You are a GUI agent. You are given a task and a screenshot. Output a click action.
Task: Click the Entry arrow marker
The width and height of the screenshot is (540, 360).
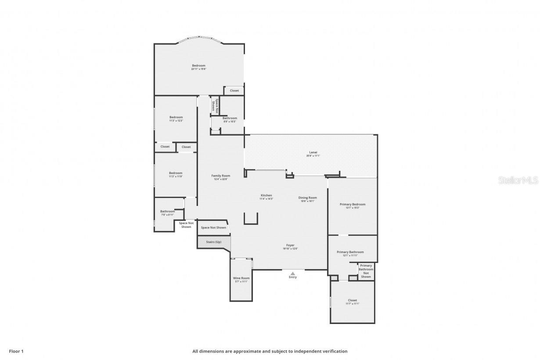tap(293, 274)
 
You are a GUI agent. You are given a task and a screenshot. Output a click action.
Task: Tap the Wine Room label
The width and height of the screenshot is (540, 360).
tap(241, 278)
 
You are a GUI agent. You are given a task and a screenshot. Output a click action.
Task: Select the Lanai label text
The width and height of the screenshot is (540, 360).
tap(313, 152)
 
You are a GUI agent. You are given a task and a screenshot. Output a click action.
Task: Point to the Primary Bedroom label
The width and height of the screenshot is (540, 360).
tap(352, 204)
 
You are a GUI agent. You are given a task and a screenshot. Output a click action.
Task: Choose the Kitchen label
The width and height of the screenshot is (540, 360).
tap(266, 195)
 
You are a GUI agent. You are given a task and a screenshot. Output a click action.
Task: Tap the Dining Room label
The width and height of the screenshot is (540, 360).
tap(308, 198)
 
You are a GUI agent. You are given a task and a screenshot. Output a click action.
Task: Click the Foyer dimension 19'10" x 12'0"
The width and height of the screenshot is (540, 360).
tap(290, 249)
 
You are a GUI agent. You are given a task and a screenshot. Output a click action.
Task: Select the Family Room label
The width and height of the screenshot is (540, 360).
tap(220, 176)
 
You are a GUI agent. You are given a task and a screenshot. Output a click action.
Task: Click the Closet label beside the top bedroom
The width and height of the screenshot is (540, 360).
tap(234, 90)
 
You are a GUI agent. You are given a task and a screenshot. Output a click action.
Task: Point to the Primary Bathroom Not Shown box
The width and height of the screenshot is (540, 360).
tap(366, 271)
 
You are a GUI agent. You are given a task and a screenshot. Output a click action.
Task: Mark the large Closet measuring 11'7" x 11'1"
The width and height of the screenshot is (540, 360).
tap(352, 302)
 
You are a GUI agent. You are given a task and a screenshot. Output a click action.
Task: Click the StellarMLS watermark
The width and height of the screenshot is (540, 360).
tap(518, 180)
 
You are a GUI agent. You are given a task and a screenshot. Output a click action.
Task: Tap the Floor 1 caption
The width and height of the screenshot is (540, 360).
tap(16, 351)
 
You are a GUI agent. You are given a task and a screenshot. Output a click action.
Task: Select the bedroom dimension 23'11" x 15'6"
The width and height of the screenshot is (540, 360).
tap(198, 69)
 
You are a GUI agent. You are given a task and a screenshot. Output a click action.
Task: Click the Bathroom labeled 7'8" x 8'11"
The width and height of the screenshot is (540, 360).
tap(167, 213)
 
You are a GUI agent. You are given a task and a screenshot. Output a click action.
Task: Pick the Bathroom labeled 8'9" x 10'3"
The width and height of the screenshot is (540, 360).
tap(230, 119)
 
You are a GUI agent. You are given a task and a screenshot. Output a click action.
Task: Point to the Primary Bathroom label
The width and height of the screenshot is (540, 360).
tap(350, 252)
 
